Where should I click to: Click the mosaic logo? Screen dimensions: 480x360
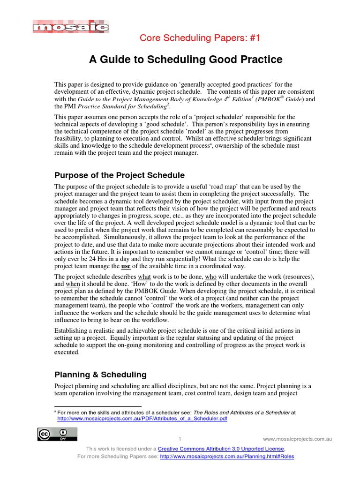[x=71, y=28]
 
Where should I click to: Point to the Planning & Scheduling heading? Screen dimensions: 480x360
[x=101, y=375]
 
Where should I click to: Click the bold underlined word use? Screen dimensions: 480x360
[x=126, y=266]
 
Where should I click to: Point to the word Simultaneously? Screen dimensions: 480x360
[x=87, y=237]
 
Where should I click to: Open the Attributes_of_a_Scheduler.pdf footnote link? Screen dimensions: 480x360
[x=142, y=419]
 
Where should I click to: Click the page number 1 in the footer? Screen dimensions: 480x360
[x=180, y=439]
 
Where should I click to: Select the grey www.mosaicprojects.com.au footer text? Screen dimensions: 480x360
[x=298, y=439]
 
